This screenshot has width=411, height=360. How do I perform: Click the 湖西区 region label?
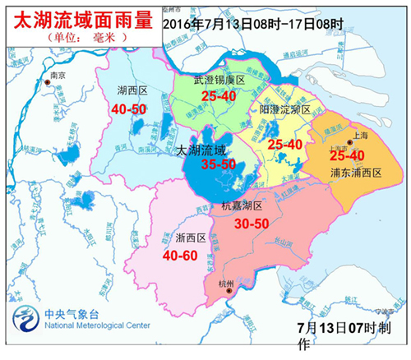tap(134, 91)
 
